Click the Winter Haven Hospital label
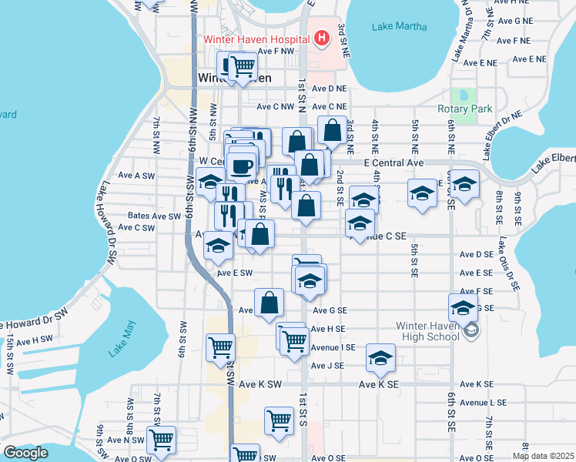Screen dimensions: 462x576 [256, 38]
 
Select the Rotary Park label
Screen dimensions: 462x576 [464, 109]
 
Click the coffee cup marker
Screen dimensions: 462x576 [242, 166]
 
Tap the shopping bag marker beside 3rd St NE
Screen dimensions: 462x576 [333, 130]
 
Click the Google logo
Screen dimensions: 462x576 [25, 453]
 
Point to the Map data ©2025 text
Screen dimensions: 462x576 [543, 456]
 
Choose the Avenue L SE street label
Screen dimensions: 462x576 [483, 403]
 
